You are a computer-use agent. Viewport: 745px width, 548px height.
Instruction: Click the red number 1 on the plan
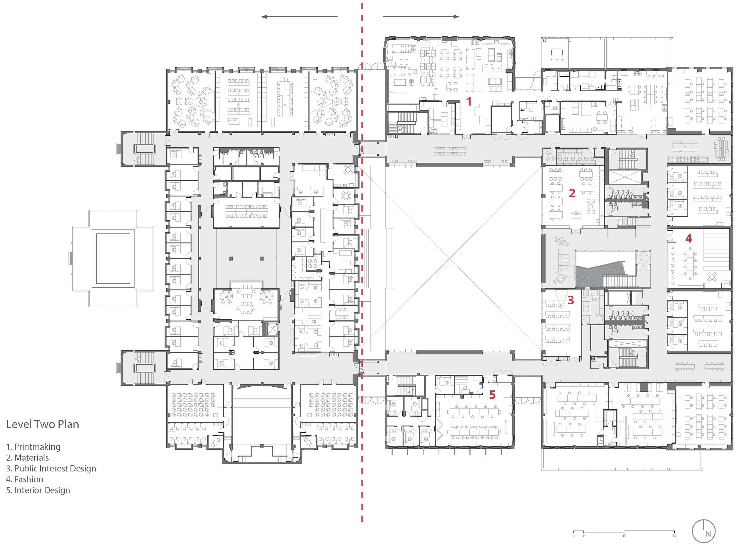tap(469, 101)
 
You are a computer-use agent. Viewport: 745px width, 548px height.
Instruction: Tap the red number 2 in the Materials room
tap(572, 193)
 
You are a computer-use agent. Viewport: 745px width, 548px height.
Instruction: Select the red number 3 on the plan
tap(570, 300)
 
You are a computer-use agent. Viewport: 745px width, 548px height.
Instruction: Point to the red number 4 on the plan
tap(689, 238)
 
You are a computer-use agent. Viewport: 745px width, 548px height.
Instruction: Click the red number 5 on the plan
tap(492, 395)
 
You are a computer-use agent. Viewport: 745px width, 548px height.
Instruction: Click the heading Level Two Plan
tap(42, 424)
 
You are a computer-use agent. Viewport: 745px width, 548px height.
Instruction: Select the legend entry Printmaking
tap(33, 447)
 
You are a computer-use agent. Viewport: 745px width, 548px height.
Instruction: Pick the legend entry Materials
tap(27, 458)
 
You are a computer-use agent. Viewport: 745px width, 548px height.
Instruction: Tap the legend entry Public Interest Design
tap(51, 468)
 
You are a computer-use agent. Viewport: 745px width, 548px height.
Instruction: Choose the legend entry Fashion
tap(24, 479)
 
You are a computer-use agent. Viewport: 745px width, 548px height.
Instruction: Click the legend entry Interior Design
tap(38, 490)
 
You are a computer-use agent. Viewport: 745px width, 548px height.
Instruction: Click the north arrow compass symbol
tap(704, 531)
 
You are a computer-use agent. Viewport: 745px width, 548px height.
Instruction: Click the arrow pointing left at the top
tap(299, 17)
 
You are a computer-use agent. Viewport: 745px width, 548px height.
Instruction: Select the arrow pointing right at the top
tap(421, 17)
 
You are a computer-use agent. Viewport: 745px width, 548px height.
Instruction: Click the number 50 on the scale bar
tap(674, 535)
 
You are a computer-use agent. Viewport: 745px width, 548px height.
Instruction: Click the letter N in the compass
tap(708, 534)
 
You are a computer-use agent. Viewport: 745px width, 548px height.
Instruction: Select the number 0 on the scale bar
tap(574, 535)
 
